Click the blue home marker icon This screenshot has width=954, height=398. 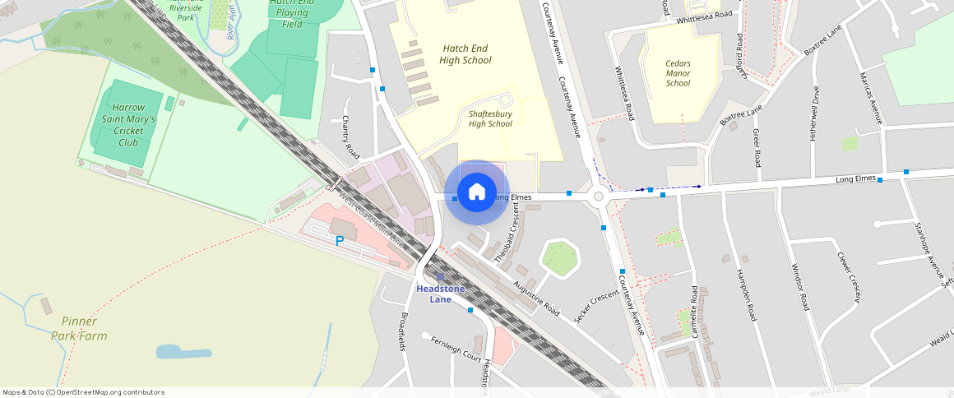(x=476, y=192)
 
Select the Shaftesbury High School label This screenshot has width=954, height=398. (x=490, y=118)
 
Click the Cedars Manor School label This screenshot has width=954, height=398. (x=678, y=73)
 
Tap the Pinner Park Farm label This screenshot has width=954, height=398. (x=79, y=328)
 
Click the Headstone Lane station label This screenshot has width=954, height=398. (x=441, y=294)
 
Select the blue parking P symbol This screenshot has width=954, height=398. (x=339, y=241)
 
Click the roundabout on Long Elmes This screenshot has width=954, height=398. (x=599, y=196)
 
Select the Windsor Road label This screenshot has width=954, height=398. (x=800, y=288)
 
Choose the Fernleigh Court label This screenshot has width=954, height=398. (x=455, y=348)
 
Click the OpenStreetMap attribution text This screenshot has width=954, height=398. (x=83, y=392)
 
